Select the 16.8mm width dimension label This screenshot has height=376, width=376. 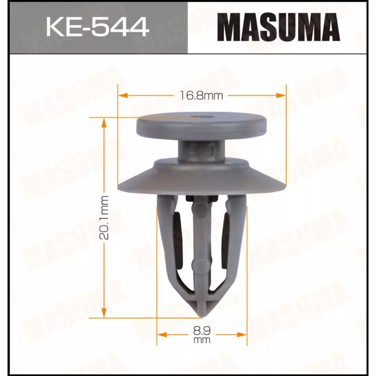click(201, 96)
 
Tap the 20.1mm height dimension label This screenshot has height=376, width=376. click(104, 217)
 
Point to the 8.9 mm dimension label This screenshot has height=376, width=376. click(202, 335)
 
